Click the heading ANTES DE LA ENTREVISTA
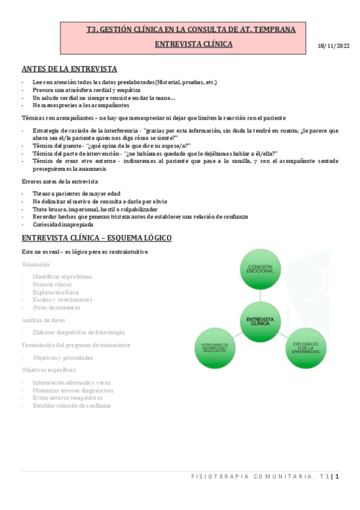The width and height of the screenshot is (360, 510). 69,69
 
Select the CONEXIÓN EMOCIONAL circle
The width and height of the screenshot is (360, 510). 260,268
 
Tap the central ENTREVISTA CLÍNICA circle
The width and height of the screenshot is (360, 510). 260,320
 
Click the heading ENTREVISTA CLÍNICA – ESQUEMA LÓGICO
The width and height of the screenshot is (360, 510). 97,238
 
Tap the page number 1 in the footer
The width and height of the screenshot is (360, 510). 338,477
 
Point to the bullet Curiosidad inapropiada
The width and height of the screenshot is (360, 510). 63,224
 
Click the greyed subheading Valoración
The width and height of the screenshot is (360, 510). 36,265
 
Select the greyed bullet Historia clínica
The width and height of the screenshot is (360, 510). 52,284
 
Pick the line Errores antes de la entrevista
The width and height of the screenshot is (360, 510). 60,182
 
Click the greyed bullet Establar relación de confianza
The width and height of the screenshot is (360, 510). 72,406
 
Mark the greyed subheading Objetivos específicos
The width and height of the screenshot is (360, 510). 49,370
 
